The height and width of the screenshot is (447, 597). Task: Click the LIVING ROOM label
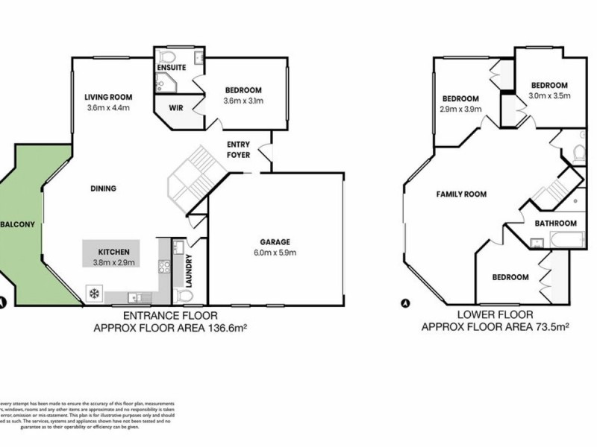coord(108,97)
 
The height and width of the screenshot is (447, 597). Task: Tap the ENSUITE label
coord(171,68)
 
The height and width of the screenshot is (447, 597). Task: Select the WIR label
coord(176,108)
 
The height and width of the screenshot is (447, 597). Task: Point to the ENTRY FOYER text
coord(240,149)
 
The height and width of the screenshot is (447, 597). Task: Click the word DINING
coord(103,188)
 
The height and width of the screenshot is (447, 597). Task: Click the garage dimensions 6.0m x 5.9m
coord(275,253)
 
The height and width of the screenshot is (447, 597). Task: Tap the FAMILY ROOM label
coord(461,194)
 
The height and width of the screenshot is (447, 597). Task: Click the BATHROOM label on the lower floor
coord(555,223)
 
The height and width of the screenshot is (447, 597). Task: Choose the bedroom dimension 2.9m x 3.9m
coord(460,110)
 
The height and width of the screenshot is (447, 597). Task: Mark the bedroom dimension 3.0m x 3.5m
coord(549,96)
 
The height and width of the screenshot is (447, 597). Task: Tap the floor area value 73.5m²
coord(545,327)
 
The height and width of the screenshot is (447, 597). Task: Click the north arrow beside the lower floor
coord(405,303)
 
